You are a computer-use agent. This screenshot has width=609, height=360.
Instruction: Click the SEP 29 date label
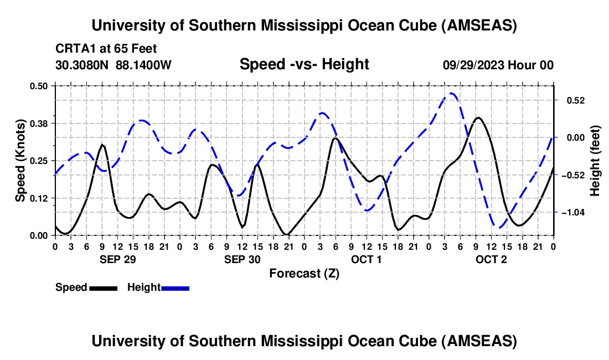[x=118, y=259]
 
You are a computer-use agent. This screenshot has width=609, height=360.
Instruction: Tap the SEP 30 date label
[x=242, y=259]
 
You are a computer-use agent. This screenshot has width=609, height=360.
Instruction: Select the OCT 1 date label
[x=367, y=259]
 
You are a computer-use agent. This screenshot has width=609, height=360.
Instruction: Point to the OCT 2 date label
[x=491, y=259]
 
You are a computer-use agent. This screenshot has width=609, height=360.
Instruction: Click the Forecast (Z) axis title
[x=304, y=273]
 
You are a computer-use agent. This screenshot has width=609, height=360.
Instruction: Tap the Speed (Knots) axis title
[x=20, y=161]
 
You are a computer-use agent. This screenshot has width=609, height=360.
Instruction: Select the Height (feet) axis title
[x=595, y=161]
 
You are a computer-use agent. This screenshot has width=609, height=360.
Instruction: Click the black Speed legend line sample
[x=103, y=287]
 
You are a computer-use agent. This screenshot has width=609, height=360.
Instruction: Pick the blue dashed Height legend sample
[x=175, y=287]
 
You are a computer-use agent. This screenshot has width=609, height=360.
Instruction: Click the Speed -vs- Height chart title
[x=304, y=65]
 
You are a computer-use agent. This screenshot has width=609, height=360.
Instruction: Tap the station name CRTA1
[x=75, y=49]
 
